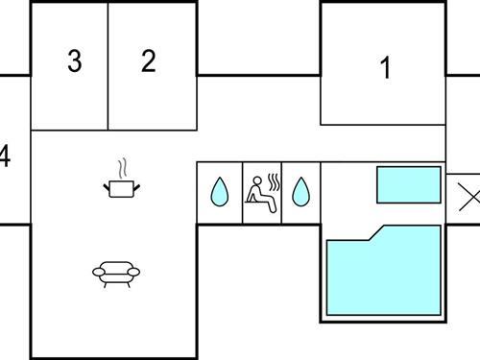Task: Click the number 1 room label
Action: click(386, 68)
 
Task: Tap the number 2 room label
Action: click(148, 61)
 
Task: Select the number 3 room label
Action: click(74, 61)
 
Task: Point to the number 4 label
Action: click(5, 156)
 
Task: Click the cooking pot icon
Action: click(120, 187)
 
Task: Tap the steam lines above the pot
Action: click(121, 168)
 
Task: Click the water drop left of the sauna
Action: click(219, 192)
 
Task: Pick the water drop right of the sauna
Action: click(301, 192)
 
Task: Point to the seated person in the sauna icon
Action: click(256, 191)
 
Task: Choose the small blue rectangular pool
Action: click(408, 184)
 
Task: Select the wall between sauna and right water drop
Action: click(281, 192)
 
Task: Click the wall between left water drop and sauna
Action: click(241, 192)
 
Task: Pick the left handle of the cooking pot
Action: click(106, 183)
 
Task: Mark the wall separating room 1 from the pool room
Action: click(382, 125)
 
